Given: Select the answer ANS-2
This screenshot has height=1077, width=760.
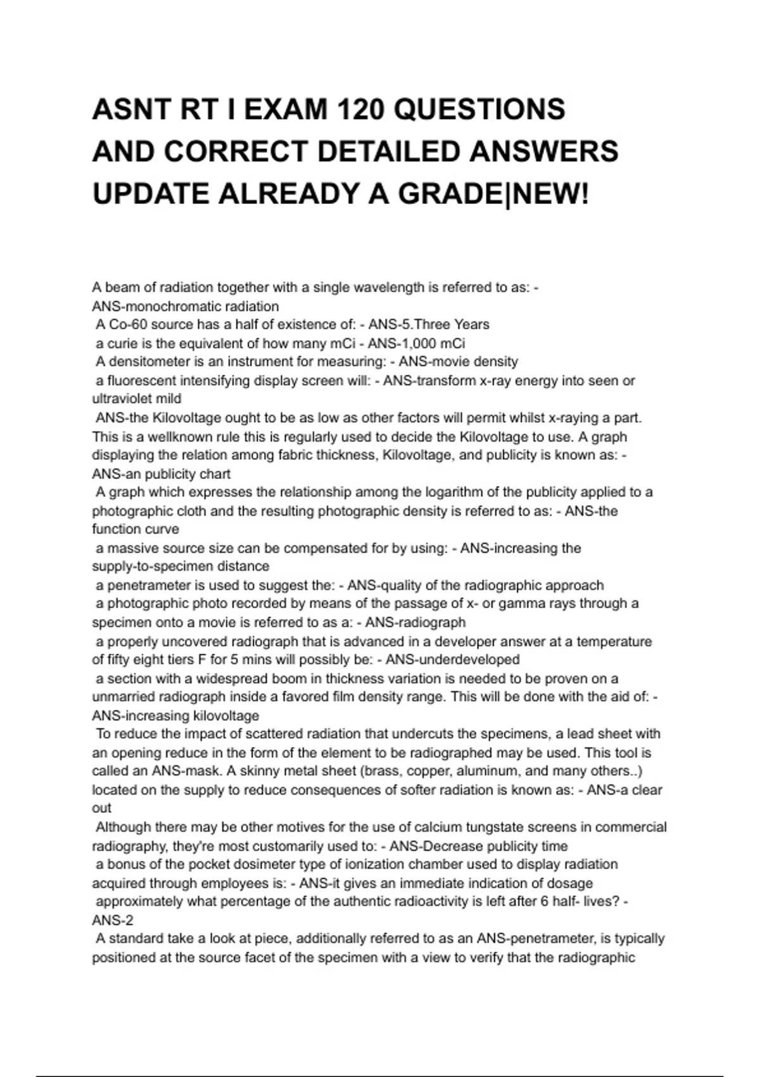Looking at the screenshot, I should pyautogui.click(x=113, y=921).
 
